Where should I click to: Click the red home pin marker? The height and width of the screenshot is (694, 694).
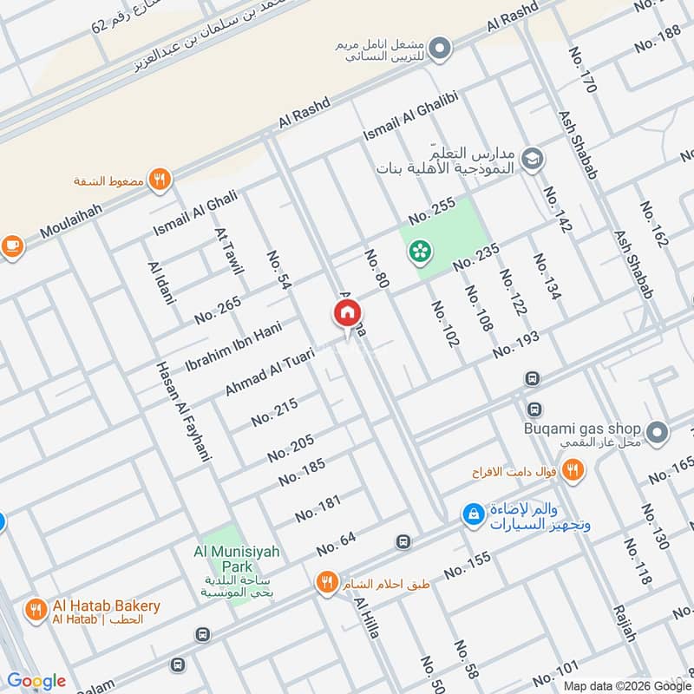346,313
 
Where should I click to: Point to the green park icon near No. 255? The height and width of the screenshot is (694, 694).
420,252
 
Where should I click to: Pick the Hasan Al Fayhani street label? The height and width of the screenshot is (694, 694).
183,410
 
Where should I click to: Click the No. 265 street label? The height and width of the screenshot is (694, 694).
218,310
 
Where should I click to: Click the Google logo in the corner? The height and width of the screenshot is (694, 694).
36,680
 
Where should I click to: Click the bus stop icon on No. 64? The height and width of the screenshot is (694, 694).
403,542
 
